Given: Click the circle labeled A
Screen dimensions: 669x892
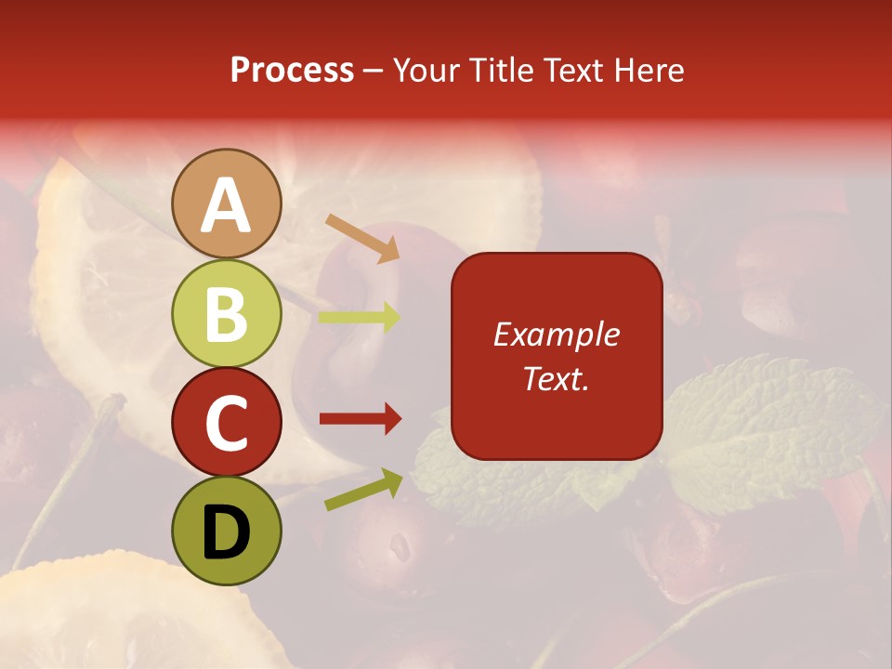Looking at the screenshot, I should [x=227, y=203].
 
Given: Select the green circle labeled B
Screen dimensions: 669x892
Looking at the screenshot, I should [x=227, y=313].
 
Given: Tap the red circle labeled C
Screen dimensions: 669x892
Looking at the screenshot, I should [x=227, y=423].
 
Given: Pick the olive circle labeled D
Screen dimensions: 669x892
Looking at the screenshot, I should [x=227, y=531].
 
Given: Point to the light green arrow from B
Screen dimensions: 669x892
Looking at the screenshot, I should [x=360, y=318].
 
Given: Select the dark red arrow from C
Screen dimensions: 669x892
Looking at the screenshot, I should [x=360, y=419].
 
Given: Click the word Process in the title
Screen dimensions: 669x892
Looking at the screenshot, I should [x=292, y=70].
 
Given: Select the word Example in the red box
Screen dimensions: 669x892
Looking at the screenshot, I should [x=556, y=334].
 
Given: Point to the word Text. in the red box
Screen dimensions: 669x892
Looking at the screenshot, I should [x=556, y=378].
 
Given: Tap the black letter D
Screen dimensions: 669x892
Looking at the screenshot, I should [x=227, y=532].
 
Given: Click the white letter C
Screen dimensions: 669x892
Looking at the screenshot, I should [x=227, y=424].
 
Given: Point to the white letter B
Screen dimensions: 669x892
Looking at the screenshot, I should [x=227, y=314].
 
